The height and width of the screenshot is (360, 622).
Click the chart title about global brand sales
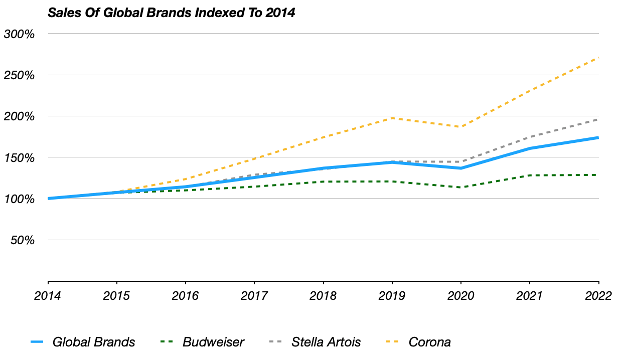click(171, 13)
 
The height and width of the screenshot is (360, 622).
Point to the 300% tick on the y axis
click(19, 34)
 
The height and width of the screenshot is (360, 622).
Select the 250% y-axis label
click(19, 75)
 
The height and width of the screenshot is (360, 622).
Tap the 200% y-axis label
click(19, 116)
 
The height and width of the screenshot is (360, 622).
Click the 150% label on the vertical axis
click(19, 158)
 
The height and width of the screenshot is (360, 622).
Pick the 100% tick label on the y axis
click(19, 199)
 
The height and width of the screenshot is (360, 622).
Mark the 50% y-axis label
click(23, 240)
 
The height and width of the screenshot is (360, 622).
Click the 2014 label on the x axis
click(48, 296)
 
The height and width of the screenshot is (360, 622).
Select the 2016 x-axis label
click(185, 296)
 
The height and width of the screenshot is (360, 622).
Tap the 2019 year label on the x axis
click(392, 296)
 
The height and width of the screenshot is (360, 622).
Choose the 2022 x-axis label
click(598, 296)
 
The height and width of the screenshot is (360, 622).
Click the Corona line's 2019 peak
click(392, 118)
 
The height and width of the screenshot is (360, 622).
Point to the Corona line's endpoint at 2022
click(598, 58)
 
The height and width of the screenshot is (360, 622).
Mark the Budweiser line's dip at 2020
click(461, 188)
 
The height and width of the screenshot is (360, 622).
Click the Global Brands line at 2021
click(530, 148)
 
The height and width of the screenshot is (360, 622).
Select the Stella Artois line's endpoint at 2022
click(598, 119)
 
